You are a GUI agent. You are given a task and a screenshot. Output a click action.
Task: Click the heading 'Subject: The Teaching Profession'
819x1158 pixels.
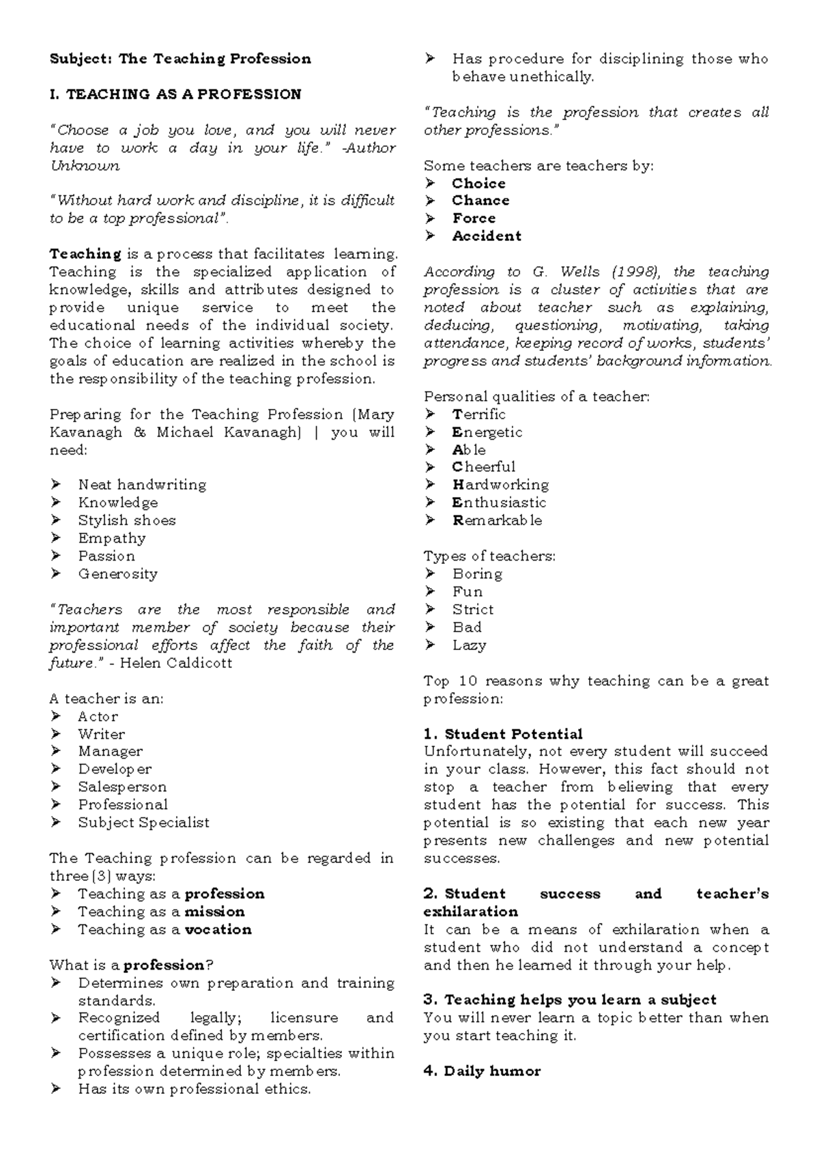(x=180, y=59)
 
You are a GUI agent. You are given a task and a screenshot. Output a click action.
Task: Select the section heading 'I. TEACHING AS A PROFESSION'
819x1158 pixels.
(x=175, y=94)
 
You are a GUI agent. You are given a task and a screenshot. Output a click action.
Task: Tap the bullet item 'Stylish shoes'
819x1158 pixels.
(x=127, y=520)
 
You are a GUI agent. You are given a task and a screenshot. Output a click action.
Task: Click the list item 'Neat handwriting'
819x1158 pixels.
(x=142, y=485)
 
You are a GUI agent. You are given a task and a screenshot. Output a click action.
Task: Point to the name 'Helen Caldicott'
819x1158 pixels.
(x=176, y=663)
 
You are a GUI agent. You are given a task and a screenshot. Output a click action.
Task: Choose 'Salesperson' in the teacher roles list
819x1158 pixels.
(x=122, y=787)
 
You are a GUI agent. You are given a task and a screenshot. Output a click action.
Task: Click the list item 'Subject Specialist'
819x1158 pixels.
(x=143, y=823)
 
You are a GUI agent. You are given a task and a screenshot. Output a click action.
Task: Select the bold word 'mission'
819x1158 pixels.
(x=214, y=912)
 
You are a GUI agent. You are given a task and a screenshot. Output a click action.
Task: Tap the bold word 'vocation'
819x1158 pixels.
(x=218, y=929)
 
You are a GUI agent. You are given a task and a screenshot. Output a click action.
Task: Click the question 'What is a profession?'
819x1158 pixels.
(x=132, y=965)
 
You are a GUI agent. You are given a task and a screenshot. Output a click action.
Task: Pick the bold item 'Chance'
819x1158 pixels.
(x=480, y=201)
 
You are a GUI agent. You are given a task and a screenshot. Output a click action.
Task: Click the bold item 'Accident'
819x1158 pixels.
(x=487, y=236)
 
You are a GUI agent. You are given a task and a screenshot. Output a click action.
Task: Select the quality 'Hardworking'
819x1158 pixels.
(x=500, y=485)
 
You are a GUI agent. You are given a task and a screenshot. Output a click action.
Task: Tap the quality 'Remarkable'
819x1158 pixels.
(x=497, y=520)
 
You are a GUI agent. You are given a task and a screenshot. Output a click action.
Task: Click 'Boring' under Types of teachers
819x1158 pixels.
(x=477, y=574)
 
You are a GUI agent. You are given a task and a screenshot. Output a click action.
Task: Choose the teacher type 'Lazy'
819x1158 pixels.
(x=469, y=645)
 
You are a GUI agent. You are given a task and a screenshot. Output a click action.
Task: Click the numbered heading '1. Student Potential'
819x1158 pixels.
(x=503, y=735)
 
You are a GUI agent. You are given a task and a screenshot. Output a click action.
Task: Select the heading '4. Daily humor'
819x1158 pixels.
(x=482, y=1071)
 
